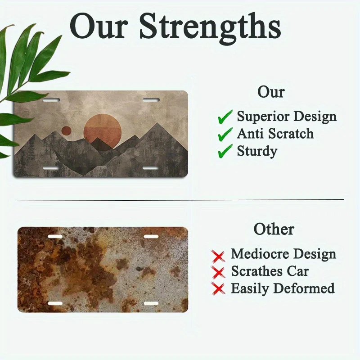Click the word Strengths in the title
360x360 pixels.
pyautogui.click(x=210, y=27)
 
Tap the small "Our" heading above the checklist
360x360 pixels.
pyautogui.click(x=271, y=92)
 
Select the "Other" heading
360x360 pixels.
pyautogui.click(x=274, y=229)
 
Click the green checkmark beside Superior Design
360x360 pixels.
pyautogui.click(x=225, y=117)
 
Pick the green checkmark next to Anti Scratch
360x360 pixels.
pyautogui.click(x=225, y=134)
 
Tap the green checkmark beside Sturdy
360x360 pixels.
pyautogui.click(x=225, y=151)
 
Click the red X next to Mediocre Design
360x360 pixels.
pyautogui.click(x=218, y=256)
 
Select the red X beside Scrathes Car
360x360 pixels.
pyautogui.click(x=218, y=272)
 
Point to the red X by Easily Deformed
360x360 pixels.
pyautogui.click(x=218, y=288)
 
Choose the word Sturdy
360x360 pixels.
pyautogui.click(x=257, y=152)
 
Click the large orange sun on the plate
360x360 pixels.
pyautogui.click(x=103, y=132)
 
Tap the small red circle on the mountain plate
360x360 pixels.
pyautogui.click(x=66, y=131)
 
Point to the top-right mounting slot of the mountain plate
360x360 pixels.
pyautogui.click(x=151, y=100)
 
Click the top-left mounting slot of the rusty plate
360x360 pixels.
pyautogui.click(x=55, y=237)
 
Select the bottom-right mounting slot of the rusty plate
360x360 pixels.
pyautogui.click(x=151, y=303)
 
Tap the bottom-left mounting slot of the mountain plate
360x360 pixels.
pyautogui.click(x=51, y=168)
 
